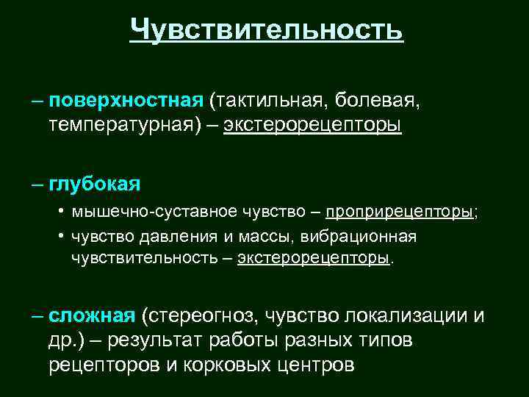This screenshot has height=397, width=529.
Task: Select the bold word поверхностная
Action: tap(126, 99)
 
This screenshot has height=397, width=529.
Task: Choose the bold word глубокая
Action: tap(95, 182)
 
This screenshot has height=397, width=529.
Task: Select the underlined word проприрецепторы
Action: tap(400, 212)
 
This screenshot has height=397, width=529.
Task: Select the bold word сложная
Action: tap(92, 315)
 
